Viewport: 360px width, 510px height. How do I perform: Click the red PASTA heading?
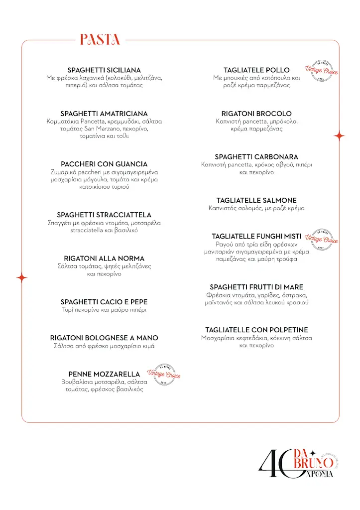[x=100, y=40]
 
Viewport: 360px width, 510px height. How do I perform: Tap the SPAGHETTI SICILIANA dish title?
[x=104, y=70]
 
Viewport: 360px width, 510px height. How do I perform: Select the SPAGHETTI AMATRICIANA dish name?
[x=104, y=114]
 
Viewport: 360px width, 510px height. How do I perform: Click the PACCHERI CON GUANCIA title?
[x=104, y=164]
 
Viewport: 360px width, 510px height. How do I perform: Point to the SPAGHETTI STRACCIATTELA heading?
[x=104, y=215]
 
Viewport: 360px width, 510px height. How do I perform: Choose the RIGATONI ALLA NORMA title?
[x=104, y=258]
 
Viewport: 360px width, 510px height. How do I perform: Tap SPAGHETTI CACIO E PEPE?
[x=104, y=302]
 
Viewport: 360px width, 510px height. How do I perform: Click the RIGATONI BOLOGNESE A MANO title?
[x=104, y=338]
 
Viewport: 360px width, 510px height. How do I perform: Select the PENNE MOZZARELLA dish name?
[x=104, y=374]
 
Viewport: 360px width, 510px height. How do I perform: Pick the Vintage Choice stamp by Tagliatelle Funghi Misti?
[x=321, y=240]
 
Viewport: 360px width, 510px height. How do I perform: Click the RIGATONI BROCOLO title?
[x=256, y=114]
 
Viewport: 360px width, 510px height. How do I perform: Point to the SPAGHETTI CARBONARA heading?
[x=256, y=157]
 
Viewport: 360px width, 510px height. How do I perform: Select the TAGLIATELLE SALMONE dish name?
[x=256, y=200]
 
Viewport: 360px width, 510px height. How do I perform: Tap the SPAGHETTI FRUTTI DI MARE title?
[x=256, y=287]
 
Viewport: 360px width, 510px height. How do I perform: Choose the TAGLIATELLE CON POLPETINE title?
[x=256, y=330]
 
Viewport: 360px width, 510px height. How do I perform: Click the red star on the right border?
[x=339, y=135]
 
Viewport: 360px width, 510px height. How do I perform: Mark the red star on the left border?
[x=22, y=278]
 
